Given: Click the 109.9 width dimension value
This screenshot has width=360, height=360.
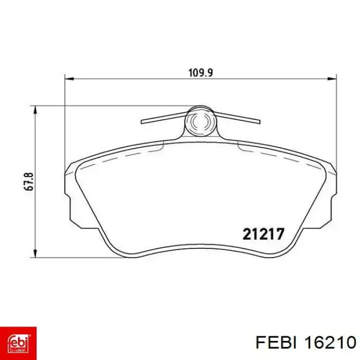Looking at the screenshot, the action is [x=201, y=73].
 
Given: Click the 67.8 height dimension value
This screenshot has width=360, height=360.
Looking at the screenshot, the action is [x=29, y=182].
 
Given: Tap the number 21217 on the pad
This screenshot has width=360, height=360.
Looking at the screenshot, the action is [x=263, y=234].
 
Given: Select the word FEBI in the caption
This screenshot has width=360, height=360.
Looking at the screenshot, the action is [x=276, y=343].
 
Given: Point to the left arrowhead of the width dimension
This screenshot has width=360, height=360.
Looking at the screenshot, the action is [x=69, y=79].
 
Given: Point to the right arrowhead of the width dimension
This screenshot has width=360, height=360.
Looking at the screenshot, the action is [x=332, y=79].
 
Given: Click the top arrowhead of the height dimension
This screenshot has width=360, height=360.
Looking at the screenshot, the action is [x=35, y=110].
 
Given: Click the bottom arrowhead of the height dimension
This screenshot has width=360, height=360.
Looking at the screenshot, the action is [x=35, y=253].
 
